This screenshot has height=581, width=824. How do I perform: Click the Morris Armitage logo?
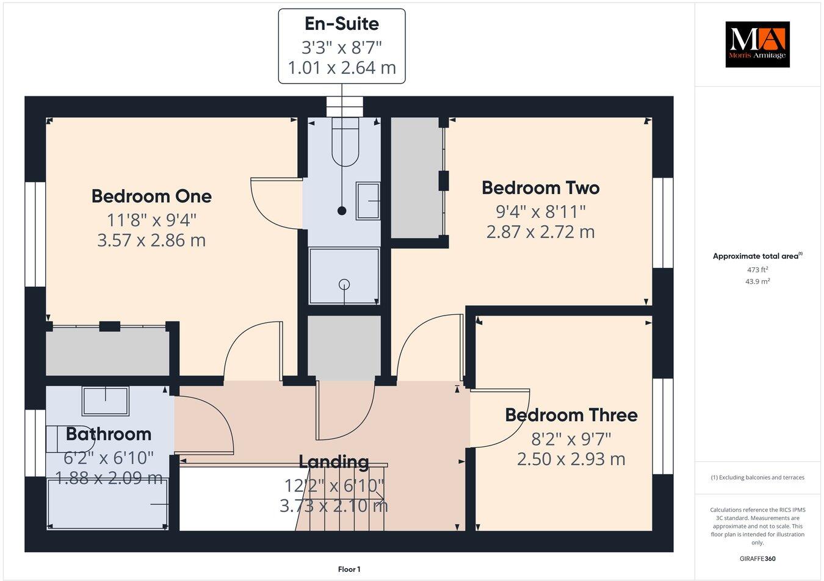click(757, 44)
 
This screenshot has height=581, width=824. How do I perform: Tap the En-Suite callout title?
click(342, 24)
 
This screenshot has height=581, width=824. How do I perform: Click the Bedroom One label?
click(151, 196)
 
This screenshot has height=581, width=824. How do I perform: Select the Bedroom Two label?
click(540, 187)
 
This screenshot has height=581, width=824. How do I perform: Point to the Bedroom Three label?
click(571, 415)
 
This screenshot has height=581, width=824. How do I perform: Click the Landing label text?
click(333, 462)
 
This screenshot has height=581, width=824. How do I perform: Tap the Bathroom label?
click(108, 434)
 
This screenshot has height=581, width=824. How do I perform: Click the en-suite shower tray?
click(344, 276)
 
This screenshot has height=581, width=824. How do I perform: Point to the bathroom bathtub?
click(107, 503)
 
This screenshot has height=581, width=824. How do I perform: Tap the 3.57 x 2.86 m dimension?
click(151, 240)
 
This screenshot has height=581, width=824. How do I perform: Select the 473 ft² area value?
click(757, 269)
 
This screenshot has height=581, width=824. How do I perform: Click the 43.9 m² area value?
click(757, 281)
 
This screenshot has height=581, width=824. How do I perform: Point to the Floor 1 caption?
click(349, 569)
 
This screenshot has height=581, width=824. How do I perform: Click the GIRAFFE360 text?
click(757, 558)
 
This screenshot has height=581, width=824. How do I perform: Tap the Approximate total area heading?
click(757, 256)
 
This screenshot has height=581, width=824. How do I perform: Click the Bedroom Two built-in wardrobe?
click(416, 178)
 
